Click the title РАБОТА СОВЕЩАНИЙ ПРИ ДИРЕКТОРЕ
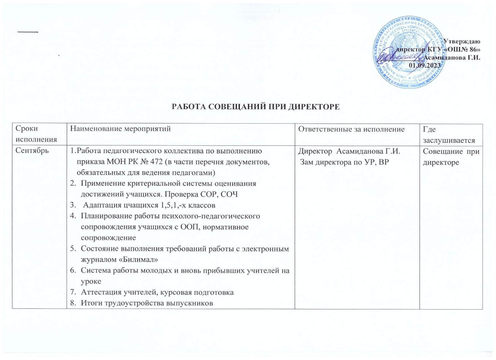click(x=256, y=107)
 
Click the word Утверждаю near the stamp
click(x=462, y=41)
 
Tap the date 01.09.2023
click(x=424, y=65)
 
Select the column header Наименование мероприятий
click(x=120, y=129)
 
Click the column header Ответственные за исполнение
click(x=351, y=129)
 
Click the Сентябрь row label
click(x=32, y=151)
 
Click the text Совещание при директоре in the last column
click(x=451, y=157)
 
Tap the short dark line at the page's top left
click(x=28, y=32)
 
